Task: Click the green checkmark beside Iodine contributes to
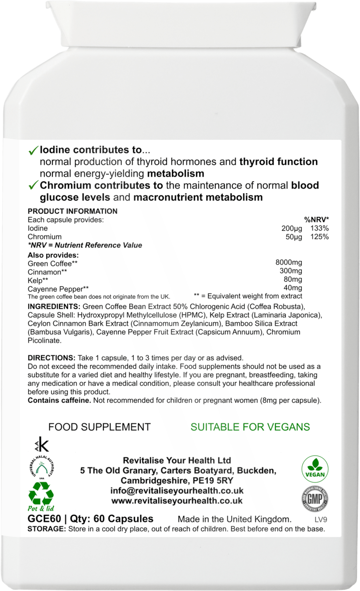click(x=33, y=150)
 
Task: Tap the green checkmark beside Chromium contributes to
click(x=33, y=185)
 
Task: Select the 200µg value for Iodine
click(x=292, y=228)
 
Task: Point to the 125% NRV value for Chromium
click(x=319, y=237)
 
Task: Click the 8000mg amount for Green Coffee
click(x=289, y=262)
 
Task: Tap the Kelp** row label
click(x=38, y=280)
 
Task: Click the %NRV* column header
click(x=318, y=220)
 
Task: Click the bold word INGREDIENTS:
click(x=54, y=306)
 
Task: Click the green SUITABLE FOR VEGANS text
click(x=250, y=427)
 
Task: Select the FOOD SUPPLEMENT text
click(x=100, y=427)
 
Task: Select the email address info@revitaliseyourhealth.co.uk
click(x=177, y=491)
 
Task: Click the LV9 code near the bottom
click(x=321, y=520)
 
